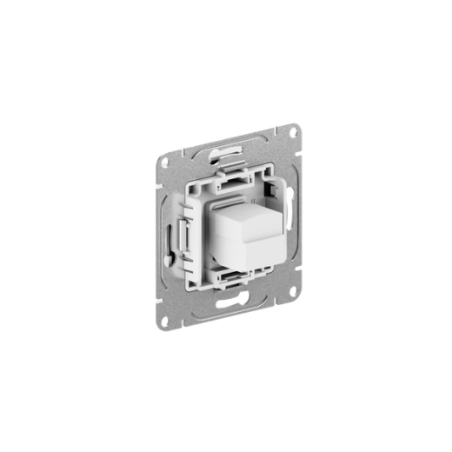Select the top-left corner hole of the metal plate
tap(163, 162)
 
